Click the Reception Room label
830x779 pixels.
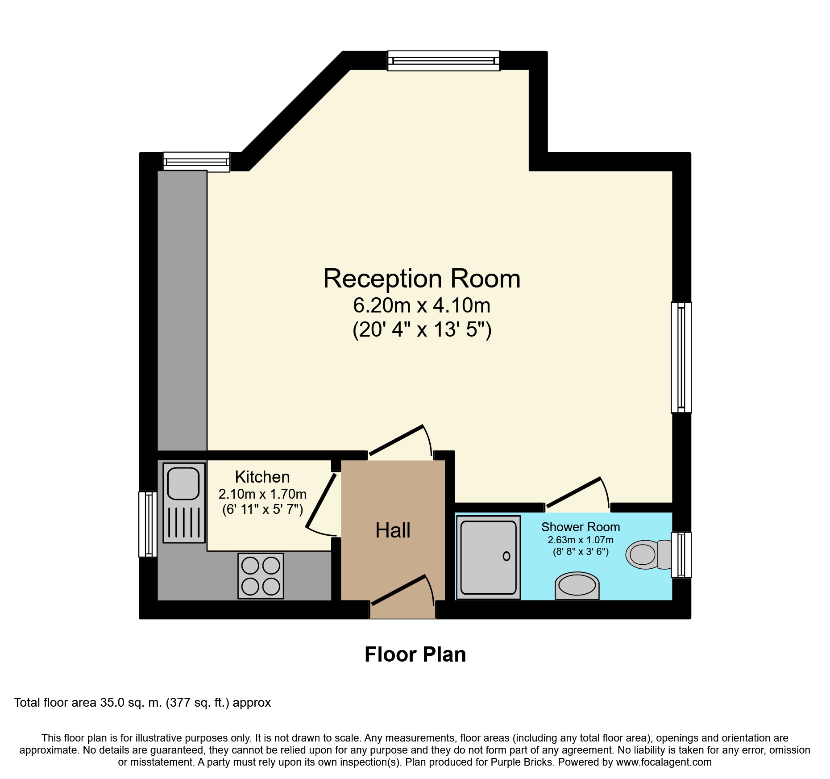click(422, 279)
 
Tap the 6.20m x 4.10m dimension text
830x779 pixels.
click(422, 306)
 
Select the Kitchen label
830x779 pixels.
click(262, 477)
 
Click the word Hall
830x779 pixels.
click(393, 531)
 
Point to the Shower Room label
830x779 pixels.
click(581, 527)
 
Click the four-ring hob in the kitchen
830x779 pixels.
click(261, 576)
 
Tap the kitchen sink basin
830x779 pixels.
click(183, 483)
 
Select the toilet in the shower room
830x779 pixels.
click(647, 555)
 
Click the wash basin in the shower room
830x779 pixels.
click(577, 585)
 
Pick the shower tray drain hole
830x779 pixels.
click(506, 556)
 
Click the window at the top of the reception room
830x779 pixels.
click(444, 61)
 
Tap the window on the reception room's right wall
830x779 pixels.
click(681, 358)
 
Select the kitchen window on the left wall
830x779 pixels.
click(148, 524)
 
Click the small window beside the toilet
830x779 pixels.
click(681, 555)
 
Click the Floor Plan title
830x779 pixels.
click(415, 655)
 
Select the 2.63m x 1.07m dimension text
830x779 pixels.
click(581, 540)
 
